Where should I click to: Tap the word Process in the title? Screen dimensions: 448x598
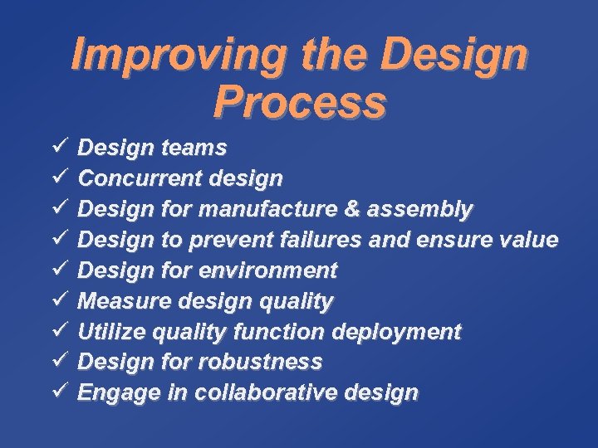tap(299, 102)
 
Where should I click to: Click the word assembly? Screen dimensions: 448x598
tap(422, 210)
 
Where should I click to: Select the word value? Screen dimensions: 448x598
tap(528, 240)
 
